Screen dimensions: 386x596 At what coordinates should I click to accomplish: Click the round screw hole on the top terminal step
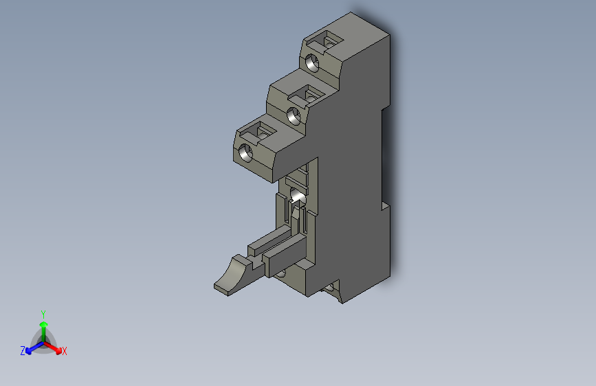(x=313, y=63)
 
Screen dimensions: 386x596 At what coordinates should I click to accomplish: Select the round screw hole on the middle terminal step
(x=294, y=115)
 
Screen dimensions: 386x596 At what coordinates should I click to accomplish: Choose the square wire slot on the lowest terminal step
(x=264, y=130)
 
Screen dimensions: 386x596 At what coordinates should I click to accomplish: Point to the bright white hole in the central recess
(x=298, y=198)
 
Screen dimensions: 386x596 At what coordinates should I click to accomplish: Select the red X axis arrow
(x=56, y=348)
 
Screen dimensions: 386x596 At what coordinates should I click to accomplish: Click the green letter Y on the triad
(x=43, y=313)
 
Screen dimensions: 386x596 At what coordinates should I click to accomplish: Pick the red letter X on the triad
(x=65, y=352)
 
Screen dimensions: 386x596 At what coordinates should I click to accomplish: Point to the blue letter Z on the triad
(x=23, y=351)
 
